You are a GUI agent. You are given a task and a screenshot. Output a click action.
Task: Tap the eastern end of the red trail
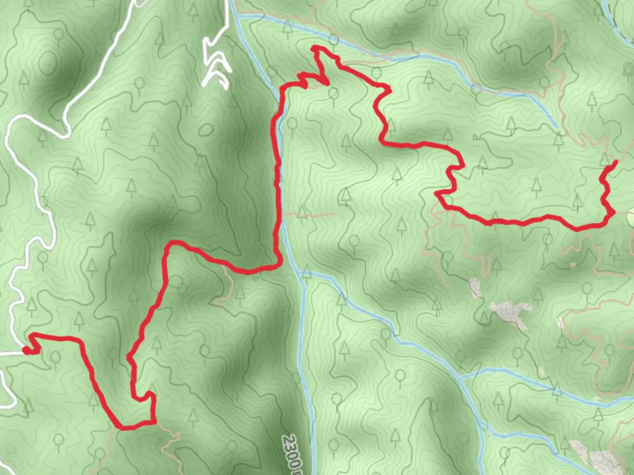615,162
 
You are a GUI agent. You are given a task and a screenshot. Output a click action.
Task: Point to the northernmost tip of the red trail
313,47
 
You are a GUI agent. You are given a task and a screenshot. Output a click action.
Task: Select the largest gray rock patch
511,313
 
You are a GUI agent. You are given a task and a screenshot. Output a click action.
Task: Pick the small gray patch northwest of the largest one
475,288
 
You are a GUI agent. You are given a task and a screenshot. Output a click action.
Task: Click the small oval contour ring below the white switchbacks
205,130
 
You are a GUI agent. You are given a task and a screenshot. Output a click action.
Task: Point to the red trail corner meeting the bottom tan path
154,423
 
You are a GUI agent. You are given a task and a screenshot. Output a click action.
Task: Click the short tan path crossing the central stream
308,215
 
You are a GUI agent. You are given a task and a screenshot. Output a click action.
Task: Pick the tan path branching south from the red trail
227,281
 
